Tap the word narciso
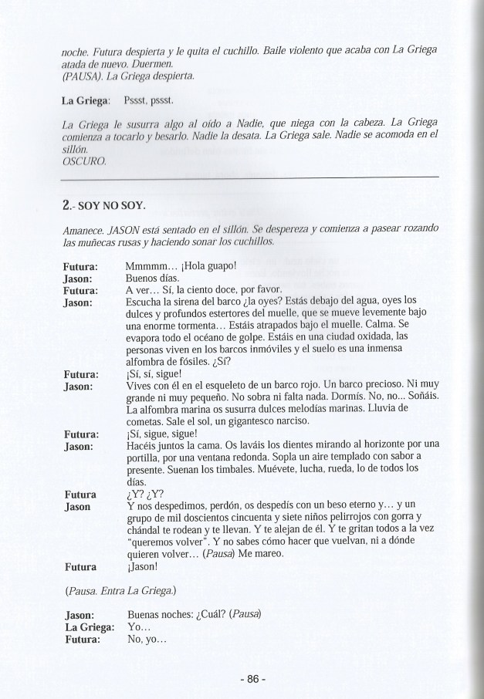tap(287, 421)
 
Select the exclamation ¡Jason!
tap(140, 567)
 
